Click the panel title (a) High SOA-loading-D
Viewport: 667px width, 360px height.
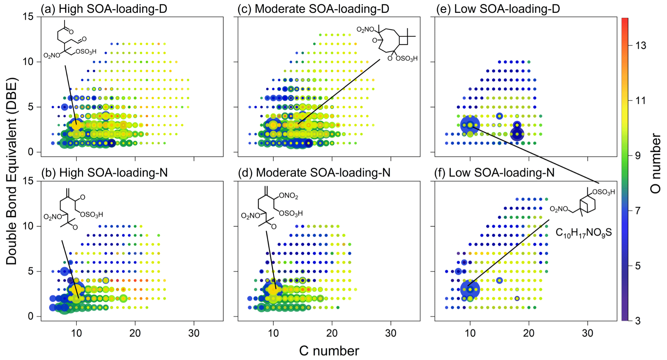coord(104,9)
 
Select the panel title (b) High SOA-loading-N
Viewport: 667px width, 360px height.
coord(104,173)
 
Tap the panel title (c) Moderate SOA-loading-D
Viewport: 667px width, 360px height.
coord(313,9)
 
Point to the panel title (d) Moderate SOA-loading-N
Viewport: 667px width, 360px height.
coord(314,173)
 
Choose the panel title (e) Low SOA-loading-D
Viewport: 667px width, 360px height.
coord(498,9)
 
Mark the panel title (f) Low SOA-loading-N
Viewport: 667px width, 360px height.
coord(494,173)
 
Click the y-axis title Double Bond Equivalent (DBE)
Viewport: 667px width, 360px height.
coord(11,171)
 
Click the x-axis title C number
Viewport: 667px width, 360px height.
coord(329,351)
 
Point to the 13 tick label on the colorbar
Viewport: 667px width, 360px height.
coord(640,45)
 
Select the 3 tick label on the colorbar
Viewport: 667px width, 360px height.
coord(638,321)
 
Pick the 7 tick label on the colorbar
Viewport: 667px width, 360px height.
coord(638,211)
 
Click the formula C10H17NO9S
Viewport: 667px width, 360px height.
coord(583,233)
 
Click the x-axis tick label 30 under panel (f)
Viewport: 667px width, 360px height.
coord(587,333)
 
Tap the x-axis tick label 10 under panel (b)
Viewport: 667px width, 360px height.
coord(76,333)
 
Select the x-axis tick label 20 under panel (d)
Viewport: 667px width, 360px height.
coord(332,333)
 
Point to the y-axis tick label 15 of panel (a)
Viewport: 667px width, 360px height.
coord(28,17)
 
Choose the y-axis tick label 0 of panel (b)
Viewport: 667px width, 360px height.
coord(31,316)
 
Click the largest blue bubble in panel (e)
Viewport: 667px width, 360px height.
coord(470,125)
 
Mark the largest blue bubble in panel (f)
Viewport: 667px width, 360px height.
coord(470,289)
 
